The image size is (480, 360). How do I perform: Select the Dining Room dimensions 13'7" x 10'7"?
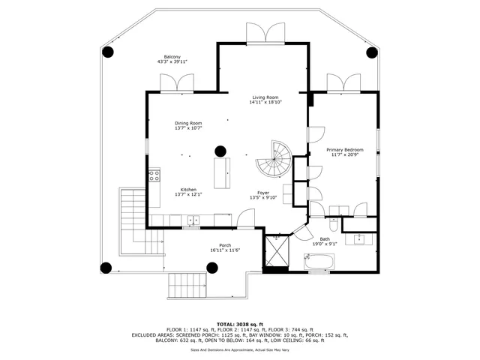(188, 128)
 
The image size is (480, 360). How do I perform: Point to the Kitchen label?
(188, 190)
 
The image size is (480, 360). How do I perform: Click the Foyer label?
(263, 193)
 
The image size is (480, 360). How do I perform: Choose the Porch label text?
(224, 245)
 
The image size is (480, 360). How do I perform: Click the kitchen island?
(223, 173)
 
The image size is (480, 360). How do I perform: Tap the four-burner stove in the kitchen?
(154, 176)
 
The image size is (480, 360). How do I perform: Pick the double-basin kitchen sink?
(193, 220)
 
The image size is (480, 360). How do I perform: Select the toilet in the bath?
(333, 224)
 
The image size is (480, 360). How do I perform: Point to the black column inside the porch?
(211, 267)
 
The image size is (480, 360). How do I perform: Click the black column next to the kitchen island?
(220, 150)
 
